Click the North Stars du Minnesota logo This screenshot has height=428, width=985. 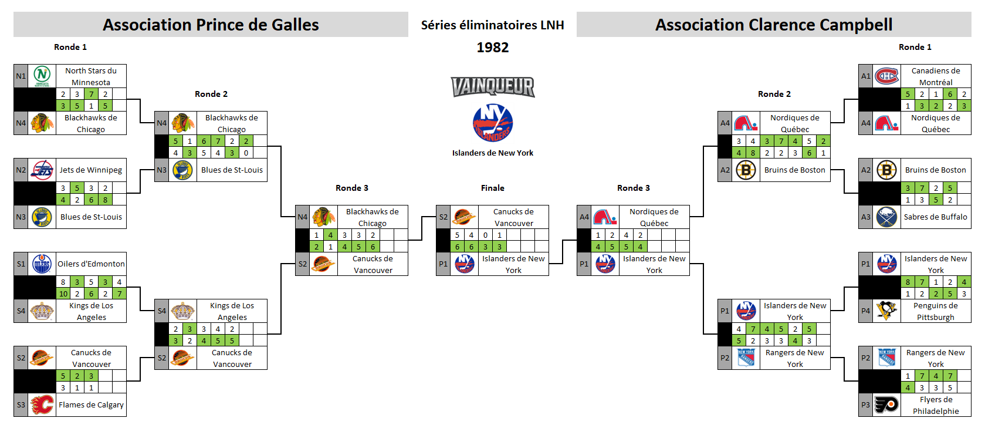42,76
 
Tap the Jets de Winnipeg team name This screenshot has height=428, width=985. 91,170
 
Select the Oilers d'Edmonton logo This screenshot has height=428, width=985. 42,264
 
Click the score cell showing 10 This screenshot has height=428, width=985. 63,294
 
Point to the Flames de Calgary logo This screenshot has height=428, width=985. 42,405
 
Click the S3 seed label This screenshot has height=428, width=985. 21,405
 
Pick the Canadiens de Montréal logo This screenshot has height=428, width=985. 886,76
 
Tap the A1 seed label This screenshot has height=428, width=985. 865,76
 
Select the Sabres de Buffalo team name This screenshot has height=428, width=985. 935,217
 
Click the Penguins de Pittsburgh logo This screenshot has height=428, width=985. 886,311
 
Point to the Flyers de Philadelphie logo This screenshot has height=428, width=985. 886,405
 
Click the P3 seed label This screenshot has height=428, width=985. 865,405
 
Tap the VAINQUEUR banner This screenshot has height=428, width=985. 493,87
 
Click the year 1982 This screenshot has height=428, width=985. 493,48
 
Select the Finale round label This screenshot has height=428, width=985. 493,188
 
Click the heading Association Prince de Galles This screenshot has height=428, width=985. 211,25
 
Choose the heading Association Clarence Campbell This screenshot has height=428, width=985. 774,25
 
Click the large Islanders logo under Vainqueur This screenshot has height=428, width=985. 493,123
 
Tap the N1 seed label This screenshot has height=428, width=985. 21,76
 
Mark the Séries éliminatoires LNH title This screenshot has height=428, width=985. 493,25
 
